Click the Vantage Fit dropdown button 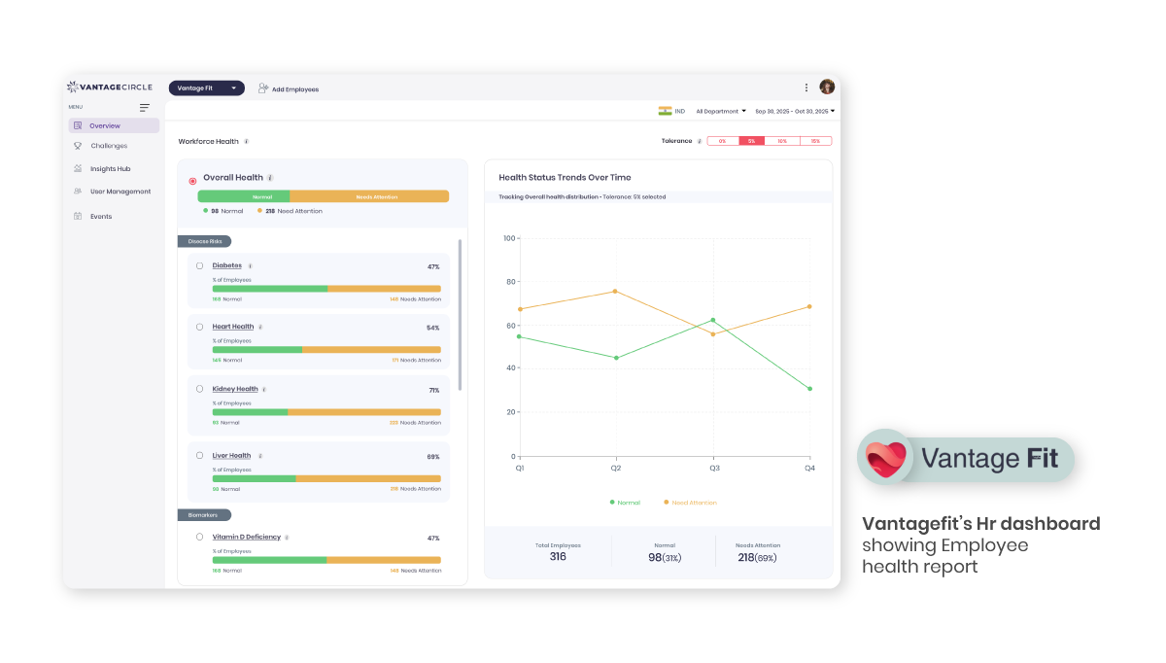206,88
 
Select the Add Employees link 289,89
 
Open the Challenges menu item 108,146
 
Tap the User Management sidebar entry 120,192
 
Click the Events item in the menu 100,217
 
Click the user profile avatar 827,87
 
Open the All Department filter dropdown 720,112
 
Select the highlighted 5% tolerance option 752,141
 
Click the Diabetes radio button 200,265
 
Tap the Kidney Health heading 235,389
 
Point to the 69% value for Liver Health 433,457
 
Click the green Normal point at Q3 713,320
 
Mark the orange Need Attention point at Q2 615,292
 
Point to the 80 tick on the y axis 510,282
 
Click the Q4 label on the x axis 809,468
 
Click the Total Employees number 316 558,557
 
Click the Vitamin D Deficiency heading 246,538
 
